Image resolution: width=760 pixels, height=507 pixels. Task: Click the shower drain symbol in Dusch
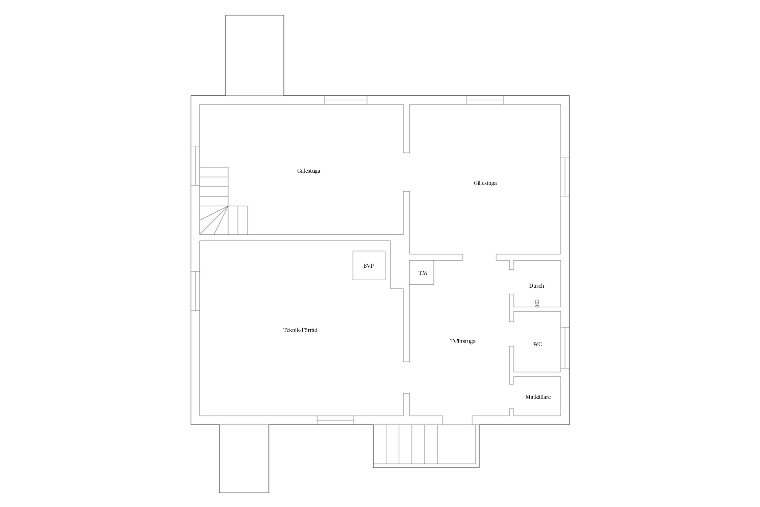click(537, 303)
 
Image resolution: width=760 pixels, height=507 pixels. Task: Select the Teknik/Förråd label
click(300, 330)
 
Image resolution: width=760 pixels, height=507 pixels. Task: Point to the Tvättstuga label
click(463, 341)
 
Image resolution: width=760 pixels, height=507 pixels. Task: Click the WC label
click(537, 344)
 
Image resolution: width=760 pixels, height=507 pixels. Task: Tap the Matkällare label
click(538, 397)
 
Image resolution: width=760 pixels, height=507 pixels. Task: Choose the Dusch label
click(536, 286)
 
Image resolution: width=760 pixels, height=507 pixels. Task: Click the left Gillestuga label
click(308, 171)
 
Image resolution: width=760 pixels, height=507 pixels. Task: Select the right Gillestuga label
click(485, 183)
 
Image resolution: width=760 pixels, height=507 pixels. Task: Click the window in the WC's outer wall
click(565, 347)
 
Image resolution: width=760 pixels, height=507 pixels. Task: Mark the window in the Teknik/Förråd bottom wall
click(335, 420)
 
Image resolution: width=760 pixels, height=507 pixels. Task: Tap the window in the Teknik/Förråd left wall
click(195, 291)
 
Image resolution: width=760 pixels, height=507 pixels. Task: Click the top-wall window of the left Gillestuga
click(346, 100)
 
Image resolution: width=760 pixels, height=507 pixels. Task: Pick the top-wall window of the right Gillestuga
click(485, 100)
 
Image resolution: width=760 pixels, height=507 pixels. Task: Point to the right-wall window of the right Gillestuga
click(565, 177)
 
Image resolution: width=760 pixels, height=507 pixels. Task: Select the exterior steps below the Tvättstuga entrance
click(426, 446)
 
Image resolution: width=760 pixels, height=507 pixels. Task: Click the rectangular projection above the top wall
click(255, 55)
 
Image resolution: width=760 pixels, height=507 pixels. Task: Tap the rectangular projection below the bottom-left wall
click(244, 459)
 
